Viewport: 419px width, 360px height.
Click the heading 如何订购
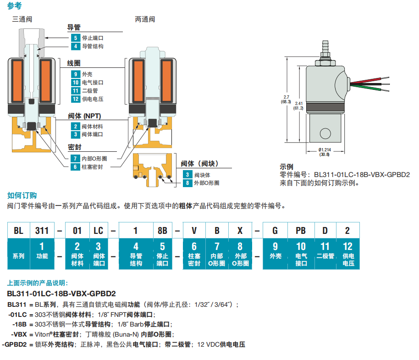coord(22,195)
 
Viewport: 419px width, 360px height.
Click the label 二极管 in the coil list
coord(90,91)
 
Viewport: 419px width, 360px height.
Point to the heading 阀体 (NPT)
coord(84,116)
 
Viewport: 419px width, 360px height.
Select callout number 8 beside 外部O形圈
coord(187,183)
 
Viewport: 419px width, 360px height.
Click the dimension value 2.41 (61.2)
coord(299,105)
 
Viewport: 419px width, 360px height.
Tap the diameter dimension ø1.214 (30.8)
coord(325,152)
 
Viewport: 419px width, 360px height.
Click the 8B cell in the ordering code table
coord(162,231)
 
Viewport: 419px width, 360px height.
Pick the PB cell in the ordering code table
coord(301,231)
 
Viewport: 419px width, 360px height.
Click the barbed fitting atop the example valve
coord(325,46)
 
